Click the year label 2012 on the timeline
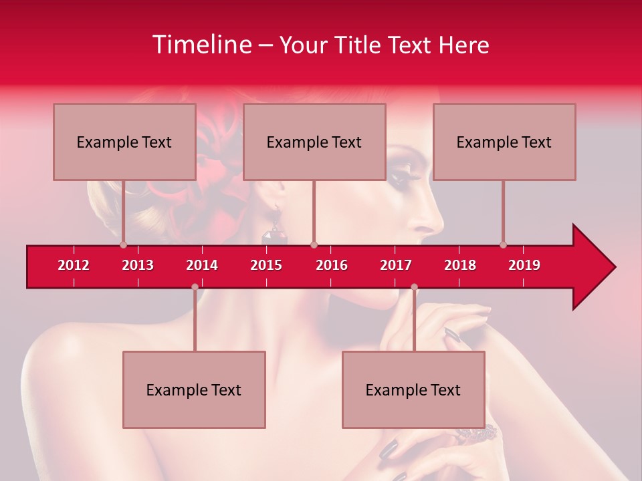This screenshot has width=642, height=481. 74,265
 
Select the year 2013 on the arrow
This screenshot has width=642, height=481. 138,265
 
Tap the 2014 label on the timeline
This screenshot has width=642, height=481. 202,265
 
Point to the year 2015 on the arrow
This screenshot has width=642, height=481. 266,265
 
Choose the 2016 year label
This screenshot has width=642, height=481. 332,265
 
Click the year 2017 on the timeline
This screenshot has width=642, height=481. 396,265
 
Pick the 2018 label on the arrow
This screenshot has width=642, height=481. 460,265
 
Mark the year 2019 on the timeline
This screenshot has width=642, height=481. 524,265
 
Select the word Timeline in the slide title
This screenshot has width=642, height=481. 201,45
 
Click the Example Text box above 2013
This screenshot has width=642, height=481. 124,142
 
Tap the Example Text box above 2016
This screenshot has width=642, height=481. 314,142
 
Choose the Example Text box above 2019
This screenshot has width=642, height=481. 504,142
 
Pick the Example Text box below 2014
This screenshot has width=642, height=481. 194,389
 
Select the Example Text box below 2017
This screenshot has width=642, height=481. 413,389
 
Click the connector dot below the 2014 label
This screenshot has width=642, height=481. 195,287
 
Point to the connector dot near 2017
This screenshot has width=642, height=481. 414,287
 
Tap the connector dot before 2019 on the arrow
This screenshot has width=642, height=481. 503,245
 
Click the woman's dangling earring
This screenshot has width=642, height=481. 275,230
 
